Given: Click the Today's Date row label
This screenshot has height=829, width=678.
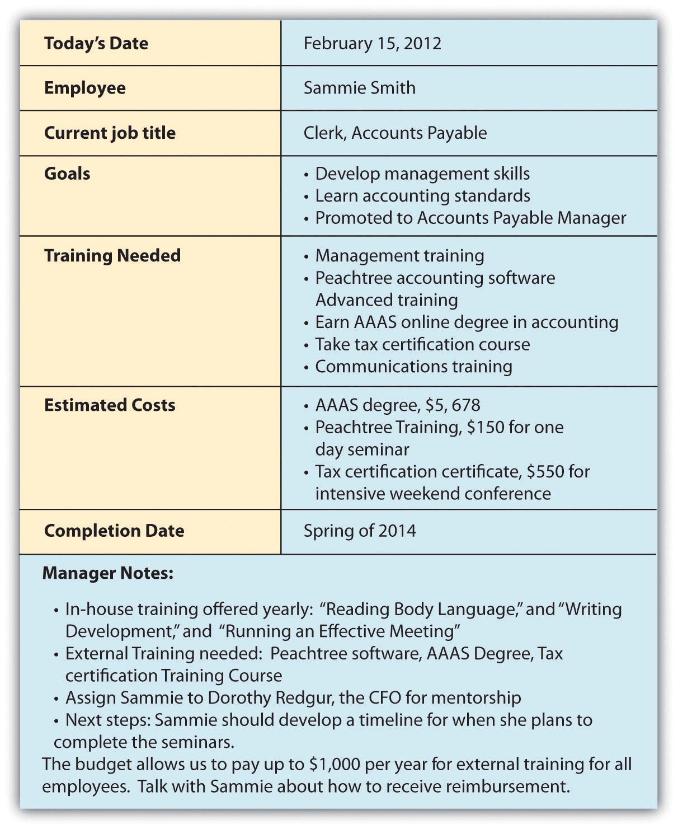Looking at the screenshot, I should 96,44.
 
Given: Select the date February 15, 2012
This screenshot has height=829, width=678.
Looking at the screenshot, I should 372,44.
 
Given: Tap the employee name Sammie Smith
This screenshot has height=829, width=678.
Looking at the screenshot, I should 359,88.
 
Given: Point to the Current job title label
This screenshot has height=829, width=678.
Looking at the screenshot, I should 110,133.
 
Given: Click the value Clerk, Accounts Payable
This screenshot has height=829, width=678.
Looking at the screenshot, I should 395,133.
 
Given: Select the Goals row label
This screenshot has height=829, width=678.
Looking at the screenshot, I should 67,174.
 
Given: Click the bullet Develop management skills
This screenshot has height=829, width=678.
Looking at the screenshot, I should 422,174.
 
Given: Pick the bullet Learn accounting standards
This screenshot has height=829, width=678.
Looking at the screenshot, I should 422,196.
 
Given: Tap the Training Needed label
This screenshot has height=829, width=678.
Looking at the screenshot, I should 112,256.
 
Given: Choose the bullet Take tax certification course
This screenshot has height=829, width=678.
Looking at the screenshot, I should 422,344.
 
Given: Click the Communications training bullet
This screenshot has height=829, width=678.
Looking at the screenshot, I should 413,367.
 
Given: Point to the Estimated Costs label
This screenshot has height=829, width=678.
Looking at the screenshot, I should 110,405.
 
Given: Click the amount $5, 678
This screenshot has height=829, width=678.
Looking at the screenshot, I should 454,405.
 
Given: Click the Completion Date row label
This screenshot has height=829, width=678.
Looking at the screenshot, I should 114,531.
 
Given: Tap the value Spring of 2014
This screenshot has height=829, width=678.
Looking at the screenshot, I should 360,531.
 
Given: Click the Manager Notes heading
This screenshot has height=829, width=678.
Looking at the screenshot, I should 108,573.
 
